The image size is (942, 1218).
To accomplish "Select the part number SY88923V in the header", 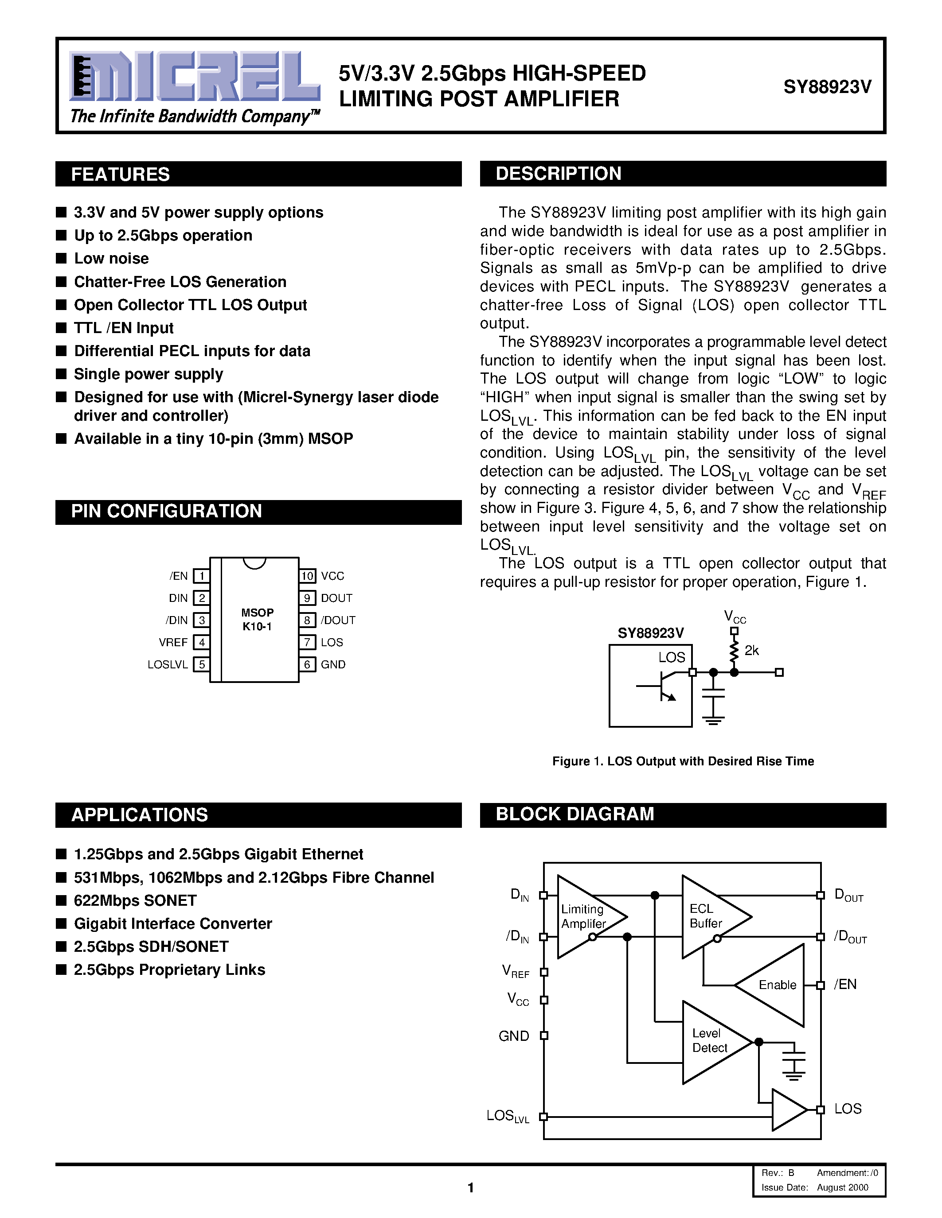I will tap(827, 87).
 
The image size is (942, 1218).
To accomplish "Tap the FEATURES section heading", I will tap(121, 175).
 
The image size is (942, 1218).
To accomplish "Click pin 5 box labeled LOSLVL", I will tap(201, 664).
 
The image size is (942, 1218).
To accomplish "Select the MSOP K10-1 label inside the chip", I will tap(257, 619).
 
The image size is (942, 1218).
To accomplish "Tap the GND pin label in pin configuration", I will tap(333, 664).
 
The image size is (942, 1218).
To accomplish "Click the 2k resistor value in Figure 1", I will tap(752, 650).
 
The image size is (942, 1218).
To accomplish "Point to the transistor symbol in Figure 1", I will tap(664, 686).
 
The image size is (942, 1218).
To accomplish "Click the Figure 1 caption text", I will tap(683, 761).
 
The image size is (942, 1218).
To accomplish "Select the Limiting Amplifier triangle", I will tap(586, 917).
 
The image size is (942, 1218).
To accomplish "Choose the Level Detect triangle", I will tap(711, 1041).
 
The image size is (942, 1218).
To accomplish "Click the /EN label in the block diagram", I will tap(845, 984).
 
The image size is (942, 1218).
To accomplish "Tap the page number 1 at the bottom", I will tap(470, 1188).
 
